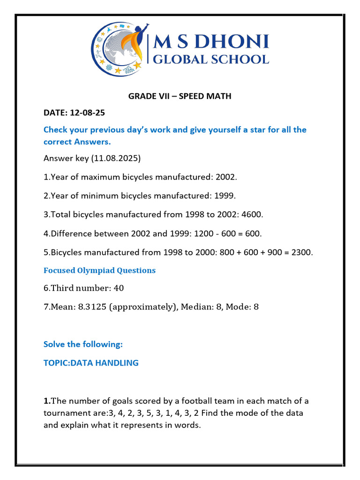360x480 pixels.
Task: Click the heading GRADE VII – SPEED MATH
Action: tap(180, 97)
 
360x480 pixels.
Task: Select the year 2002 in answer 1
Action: tap(228, 177)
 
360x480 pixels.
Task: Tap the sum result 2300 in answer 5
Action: tap(301, 252)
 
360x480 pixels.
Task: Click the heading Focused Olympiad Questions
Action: tap(99, 270)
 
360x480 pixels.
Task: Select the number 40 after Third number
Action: tap(119, 288)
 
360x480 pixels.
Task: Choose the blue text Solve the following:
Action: tap(83, 344)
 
